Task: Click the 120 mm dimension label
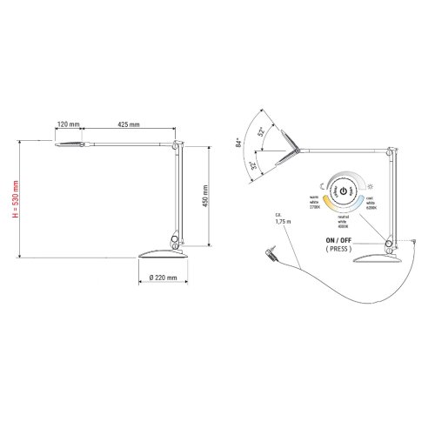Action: [70, 124]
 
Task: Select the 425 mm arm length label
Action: [128, 124]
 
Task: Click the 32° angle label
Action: [253, 165]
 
